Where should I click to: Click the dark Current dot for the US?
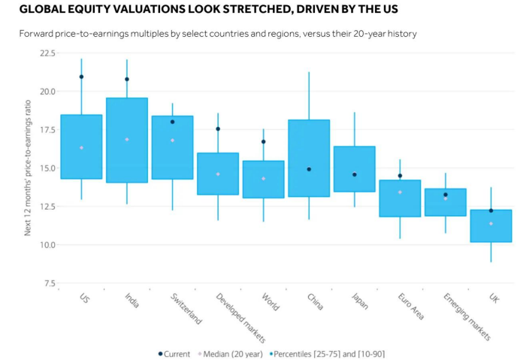coord(81,77)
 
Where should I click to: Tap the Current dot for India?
coord(127,79)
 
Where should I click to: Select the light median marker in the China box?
coord(309,170)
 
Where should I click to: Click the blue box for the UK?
coord(491,225)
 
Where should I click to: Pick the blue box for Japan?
coord(354,169)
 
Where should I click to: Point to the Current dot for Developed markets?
coord(218,129)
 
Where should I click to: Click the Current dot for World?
coord(264,141)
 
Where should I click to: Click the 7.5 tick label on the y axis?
coord(48,283)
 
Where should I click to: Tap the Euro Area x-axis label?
coord(410,306)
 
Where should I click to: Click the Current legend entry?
coord(176,353)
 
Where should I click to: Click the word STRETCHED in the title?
coord(216,10)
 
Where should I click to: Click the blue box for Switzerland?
coord(172,147)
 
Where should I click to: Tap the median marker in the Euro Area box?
coord(400,192)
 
